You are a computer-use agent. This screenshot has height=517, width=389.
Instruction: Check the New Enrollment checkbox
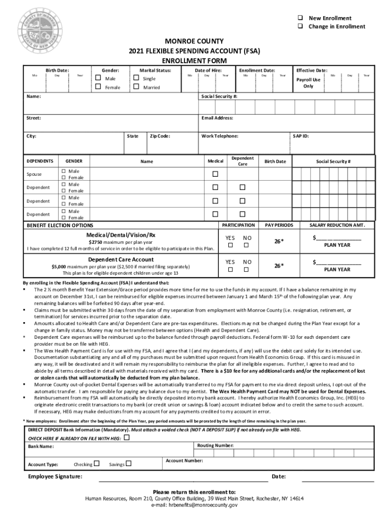coord(300,18)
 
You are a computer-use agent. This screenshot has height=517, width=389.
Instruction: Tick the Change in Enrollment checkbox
coord(300,26)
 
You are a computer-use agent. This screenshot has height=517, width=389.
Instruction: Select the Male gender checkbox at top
coord(98,79)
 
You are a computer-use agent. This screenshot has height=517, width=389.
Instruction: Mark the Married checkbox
coord(136,87)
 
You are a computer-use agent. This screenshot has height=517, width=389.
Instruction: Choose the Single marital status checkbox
coord(136,79)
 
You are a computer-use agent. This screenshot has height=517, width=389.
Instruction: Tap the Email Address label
coord(217,118)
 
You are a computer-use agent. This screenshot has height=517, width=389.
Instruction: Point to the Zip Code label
coord(160,136)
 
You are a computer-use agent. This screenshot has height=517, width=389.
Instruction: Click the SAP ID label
coord(301,136)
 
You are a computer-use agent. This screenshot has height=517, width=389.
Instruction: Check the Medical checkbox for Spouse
coord(215,174)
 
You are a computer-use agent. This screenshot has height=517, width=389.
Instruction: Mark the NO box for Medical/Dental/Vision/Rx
coord(247,245)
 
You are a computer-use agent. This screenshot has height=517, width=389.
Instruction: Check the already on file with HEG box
coord(126,438)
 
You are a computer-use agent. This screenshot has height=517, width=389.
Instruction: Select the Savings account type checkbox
coord(129,463)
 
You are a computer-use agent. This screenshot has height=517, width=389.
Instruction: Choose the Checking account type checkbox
coord(96,463)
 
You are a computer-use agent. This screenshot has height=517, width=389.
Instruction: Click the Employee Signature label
coord(56,477)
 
